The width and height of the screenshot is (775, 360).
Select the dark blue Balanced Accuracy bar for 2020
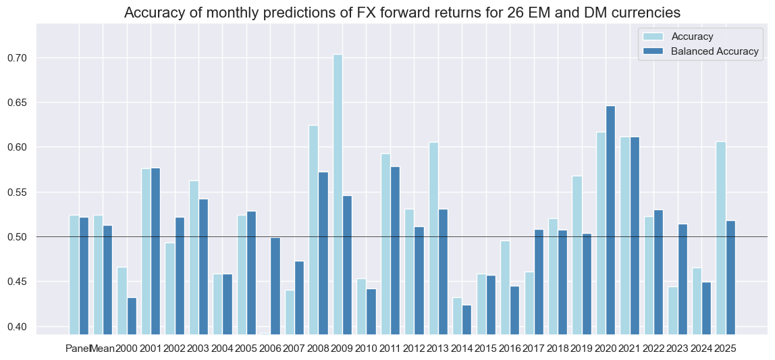coord(611,220)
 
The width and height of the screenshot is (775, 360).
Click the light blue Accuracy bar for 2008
coord(314,230)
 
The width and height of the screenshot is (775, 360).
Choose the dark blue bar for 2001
coord(155,251)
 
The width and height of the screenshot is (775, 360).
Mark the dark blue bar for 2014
coord(467,310)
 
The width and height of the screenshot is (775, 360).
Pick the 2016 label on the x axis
coord(510,349)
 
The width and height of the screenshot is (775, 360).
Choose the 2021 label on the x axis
coord(631,349)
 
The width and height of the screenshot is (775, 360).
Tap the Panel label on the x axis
coord(78,349)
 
